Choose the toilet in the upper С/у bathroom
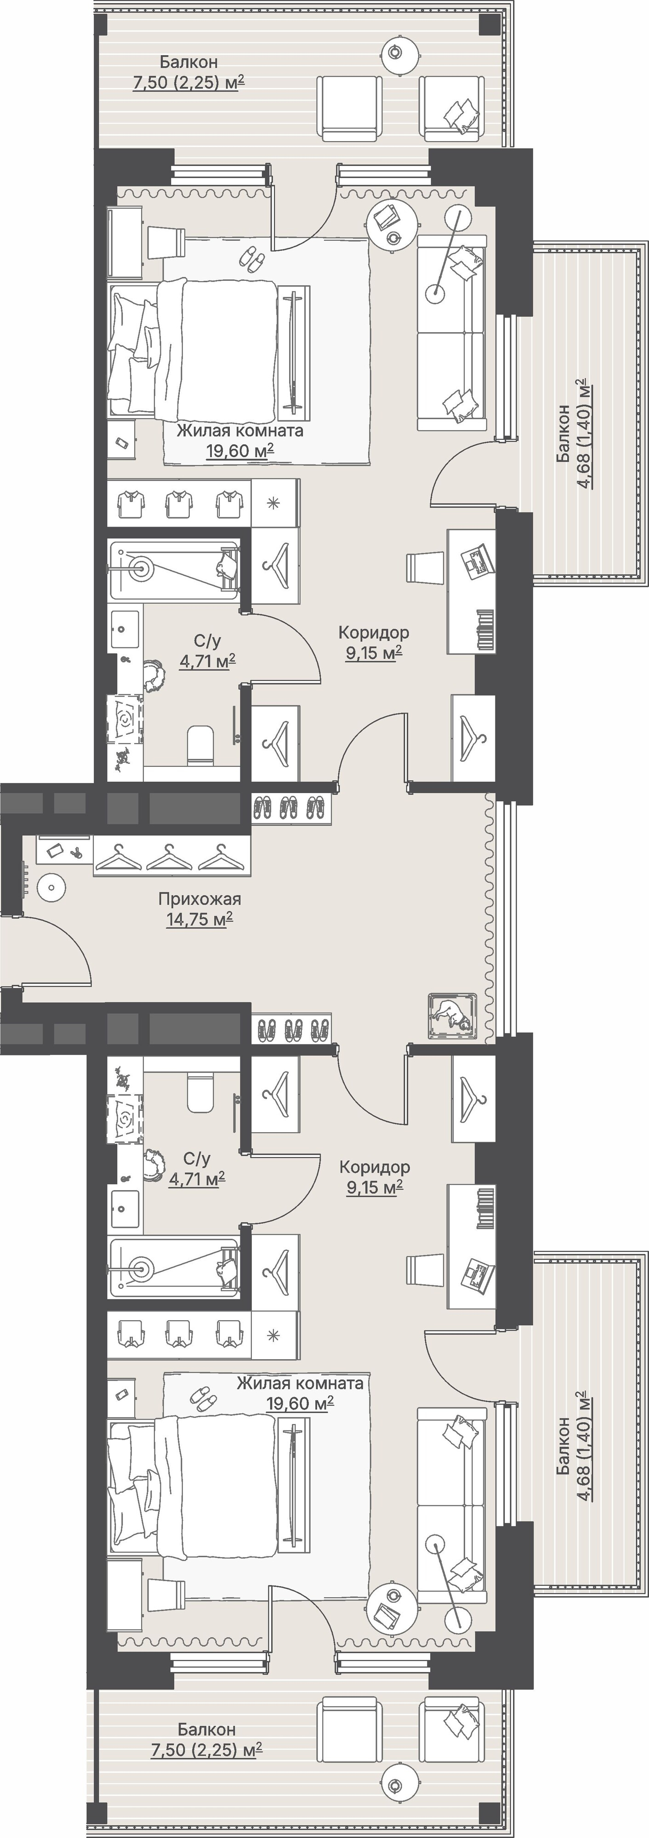pyautogui.click(x=200, y=745)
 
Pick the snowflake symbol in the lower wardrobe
pyautogui.click(x=273, y=1336)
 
